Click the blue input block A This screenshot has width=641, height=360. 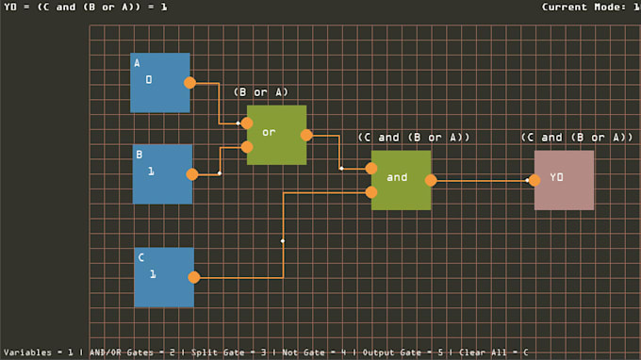tap(159, 83)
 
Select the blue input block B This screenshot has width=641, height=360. tap(162, 173)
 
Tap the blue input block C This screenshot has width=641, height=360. tap(164, 277)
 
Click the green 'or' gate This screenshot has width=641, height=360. tap(276, 135)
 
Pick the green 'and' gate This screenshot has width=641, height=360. tap(401, 179)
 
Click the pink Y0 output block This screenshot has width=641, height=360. tap(564, 179)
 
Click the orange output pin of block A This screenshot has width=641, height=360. tap(189, 83)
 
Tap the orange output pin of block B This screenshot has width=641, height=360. tap(192, 174)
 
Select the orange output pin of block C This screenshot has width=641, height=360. tap(193, 277)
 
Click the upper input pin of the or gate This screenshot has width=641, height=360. tap(247, 123)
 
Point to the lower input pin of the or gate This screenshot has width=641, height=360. tap(247, 147)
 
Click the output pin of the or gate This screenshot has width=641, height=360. tap(306, 135)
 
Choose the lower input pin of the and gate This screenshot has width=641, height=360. tap(371, 192)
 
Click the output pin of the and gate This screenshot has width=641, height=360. tap(431, 180)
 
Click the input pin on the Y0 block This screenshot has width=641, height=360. tap(534, 180)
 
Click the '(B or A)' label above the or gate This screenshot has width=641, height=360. tap(261, 92)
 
